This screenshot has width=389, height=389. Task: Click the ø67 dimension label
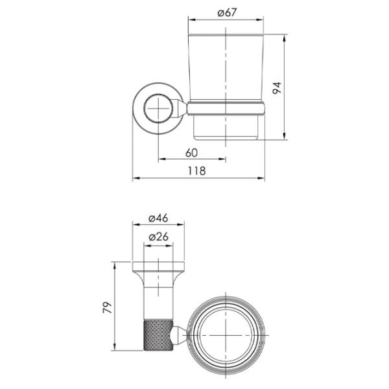pyautogui.click(x=227, y=12)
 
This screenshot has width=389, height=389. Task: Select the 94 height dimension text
pyautogui.click(x=277, y=88)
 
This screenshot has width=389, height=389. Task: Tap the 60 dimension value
pyautogui.click(x=191, y=153)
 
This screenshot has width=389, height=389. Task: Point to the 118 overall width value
pyautogui.click(x=196, y=171)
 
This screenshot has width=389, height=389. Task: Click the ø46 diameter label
pyautogui.click(x=158, y=218)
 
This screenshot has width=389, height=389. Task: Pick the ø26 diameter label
pyautogui.click(x=159, y=237)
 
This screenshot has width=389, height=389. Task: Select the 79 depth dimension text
pyautogui.click(x=108, y=307)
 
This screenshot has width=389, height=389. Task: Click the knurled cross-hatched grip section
pyautogui.click(x=158, y=335)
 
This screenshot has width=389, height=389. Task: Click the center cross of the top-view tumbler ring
pyautogui.click(x=226, y=335)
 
